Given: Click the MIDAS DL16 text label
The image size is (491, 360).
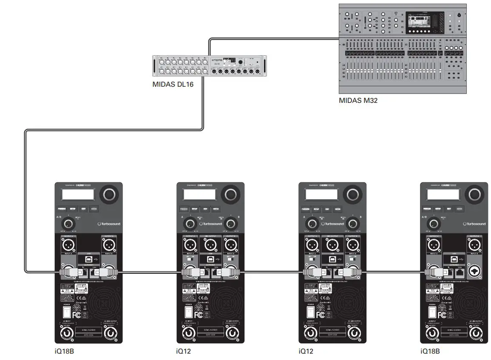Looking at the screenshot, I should (x=173, y=84).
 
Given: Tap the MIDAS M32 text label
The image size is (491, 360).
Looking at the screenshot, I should (x=358, y=101).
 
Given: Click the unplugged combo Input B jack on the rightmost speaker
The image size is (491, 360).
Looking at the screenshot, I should (x=475, y=272).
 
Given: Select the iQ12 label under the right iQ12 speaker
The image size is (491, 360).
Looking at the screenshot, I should (x=306, y=351).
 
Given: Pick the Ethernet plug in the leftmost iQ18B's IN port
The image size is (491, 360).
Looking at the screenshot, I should (x=81, y=272).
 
